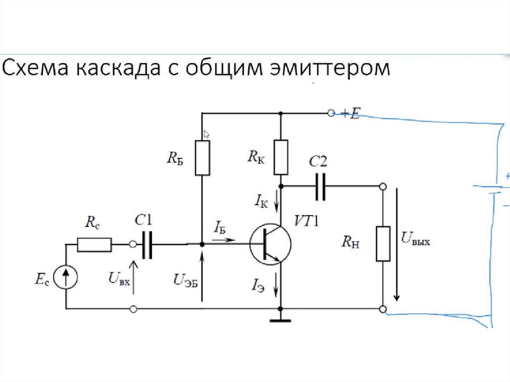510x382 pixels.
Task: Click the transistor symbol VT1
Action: (x=270, y=244)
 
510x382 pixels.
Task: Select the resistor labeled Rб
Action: (x=202, y=157)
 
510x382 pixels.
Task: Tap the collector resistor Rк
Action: (x=281, y=157)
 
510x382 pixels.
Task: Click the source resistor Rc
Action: (x=94, y=244)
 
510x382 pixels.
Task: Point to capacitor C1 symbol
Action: (x=146, y=244)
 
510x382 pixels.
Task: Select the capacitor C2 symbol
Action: (x=321, y=186)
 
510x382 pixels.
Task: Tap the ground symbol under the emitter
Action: (x=280, y=319)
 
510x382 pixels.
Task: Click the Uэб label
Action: (x=185, y=280)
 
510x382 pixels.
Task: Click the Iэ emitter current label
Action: (x=258, y=286)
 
